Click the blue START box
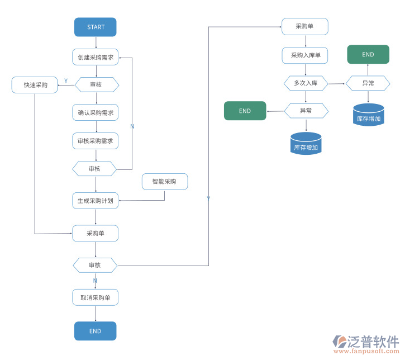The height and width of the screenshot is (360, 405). coord(96,27)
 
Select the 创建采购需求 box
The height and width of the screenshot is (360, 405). coord(96,57)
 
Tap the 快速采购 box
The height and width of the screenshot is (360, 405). coord(35,86)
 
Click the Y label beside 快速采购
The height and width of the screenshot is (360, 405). coord(66,81)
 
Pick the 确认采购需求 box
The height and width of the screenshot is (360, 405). coord(96,113)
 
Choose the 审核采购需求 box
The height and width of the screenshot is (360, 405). coord(96,141)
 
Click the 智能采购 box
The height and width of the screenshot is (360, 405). coord(165,182)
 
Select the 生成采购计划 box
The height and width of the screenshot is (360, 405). coord(96,201)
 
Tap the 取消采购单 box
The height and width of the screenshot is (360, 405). coord(96,297)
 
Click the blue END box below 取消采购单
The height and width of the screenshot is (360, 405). coord(96,331)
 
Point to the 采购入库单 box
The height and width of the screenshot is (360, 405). coord(305,55)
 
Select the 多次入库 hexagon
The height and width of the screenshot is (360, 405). coord(305,83)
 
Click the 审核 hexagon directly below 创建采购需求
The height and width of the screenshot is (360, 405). coord(96,84)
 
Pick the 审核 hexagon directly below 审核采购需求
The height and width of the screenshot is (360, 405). coord(95,169)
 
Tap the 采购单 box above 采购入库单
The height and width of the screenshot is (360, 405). coord(305,26)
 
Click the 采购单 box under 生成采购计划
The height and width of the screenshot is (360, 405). coord(96,233)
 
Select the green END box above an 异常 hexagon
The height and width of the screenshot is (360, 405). coord(368,54)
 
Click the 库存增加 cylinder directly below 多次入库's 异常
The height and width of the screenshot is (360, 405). coord(306,144)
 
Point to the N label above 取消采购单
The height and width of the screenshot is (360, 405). coord(95,281)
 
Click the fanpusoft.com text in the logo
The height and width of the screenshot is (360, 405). coord(365,352)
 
